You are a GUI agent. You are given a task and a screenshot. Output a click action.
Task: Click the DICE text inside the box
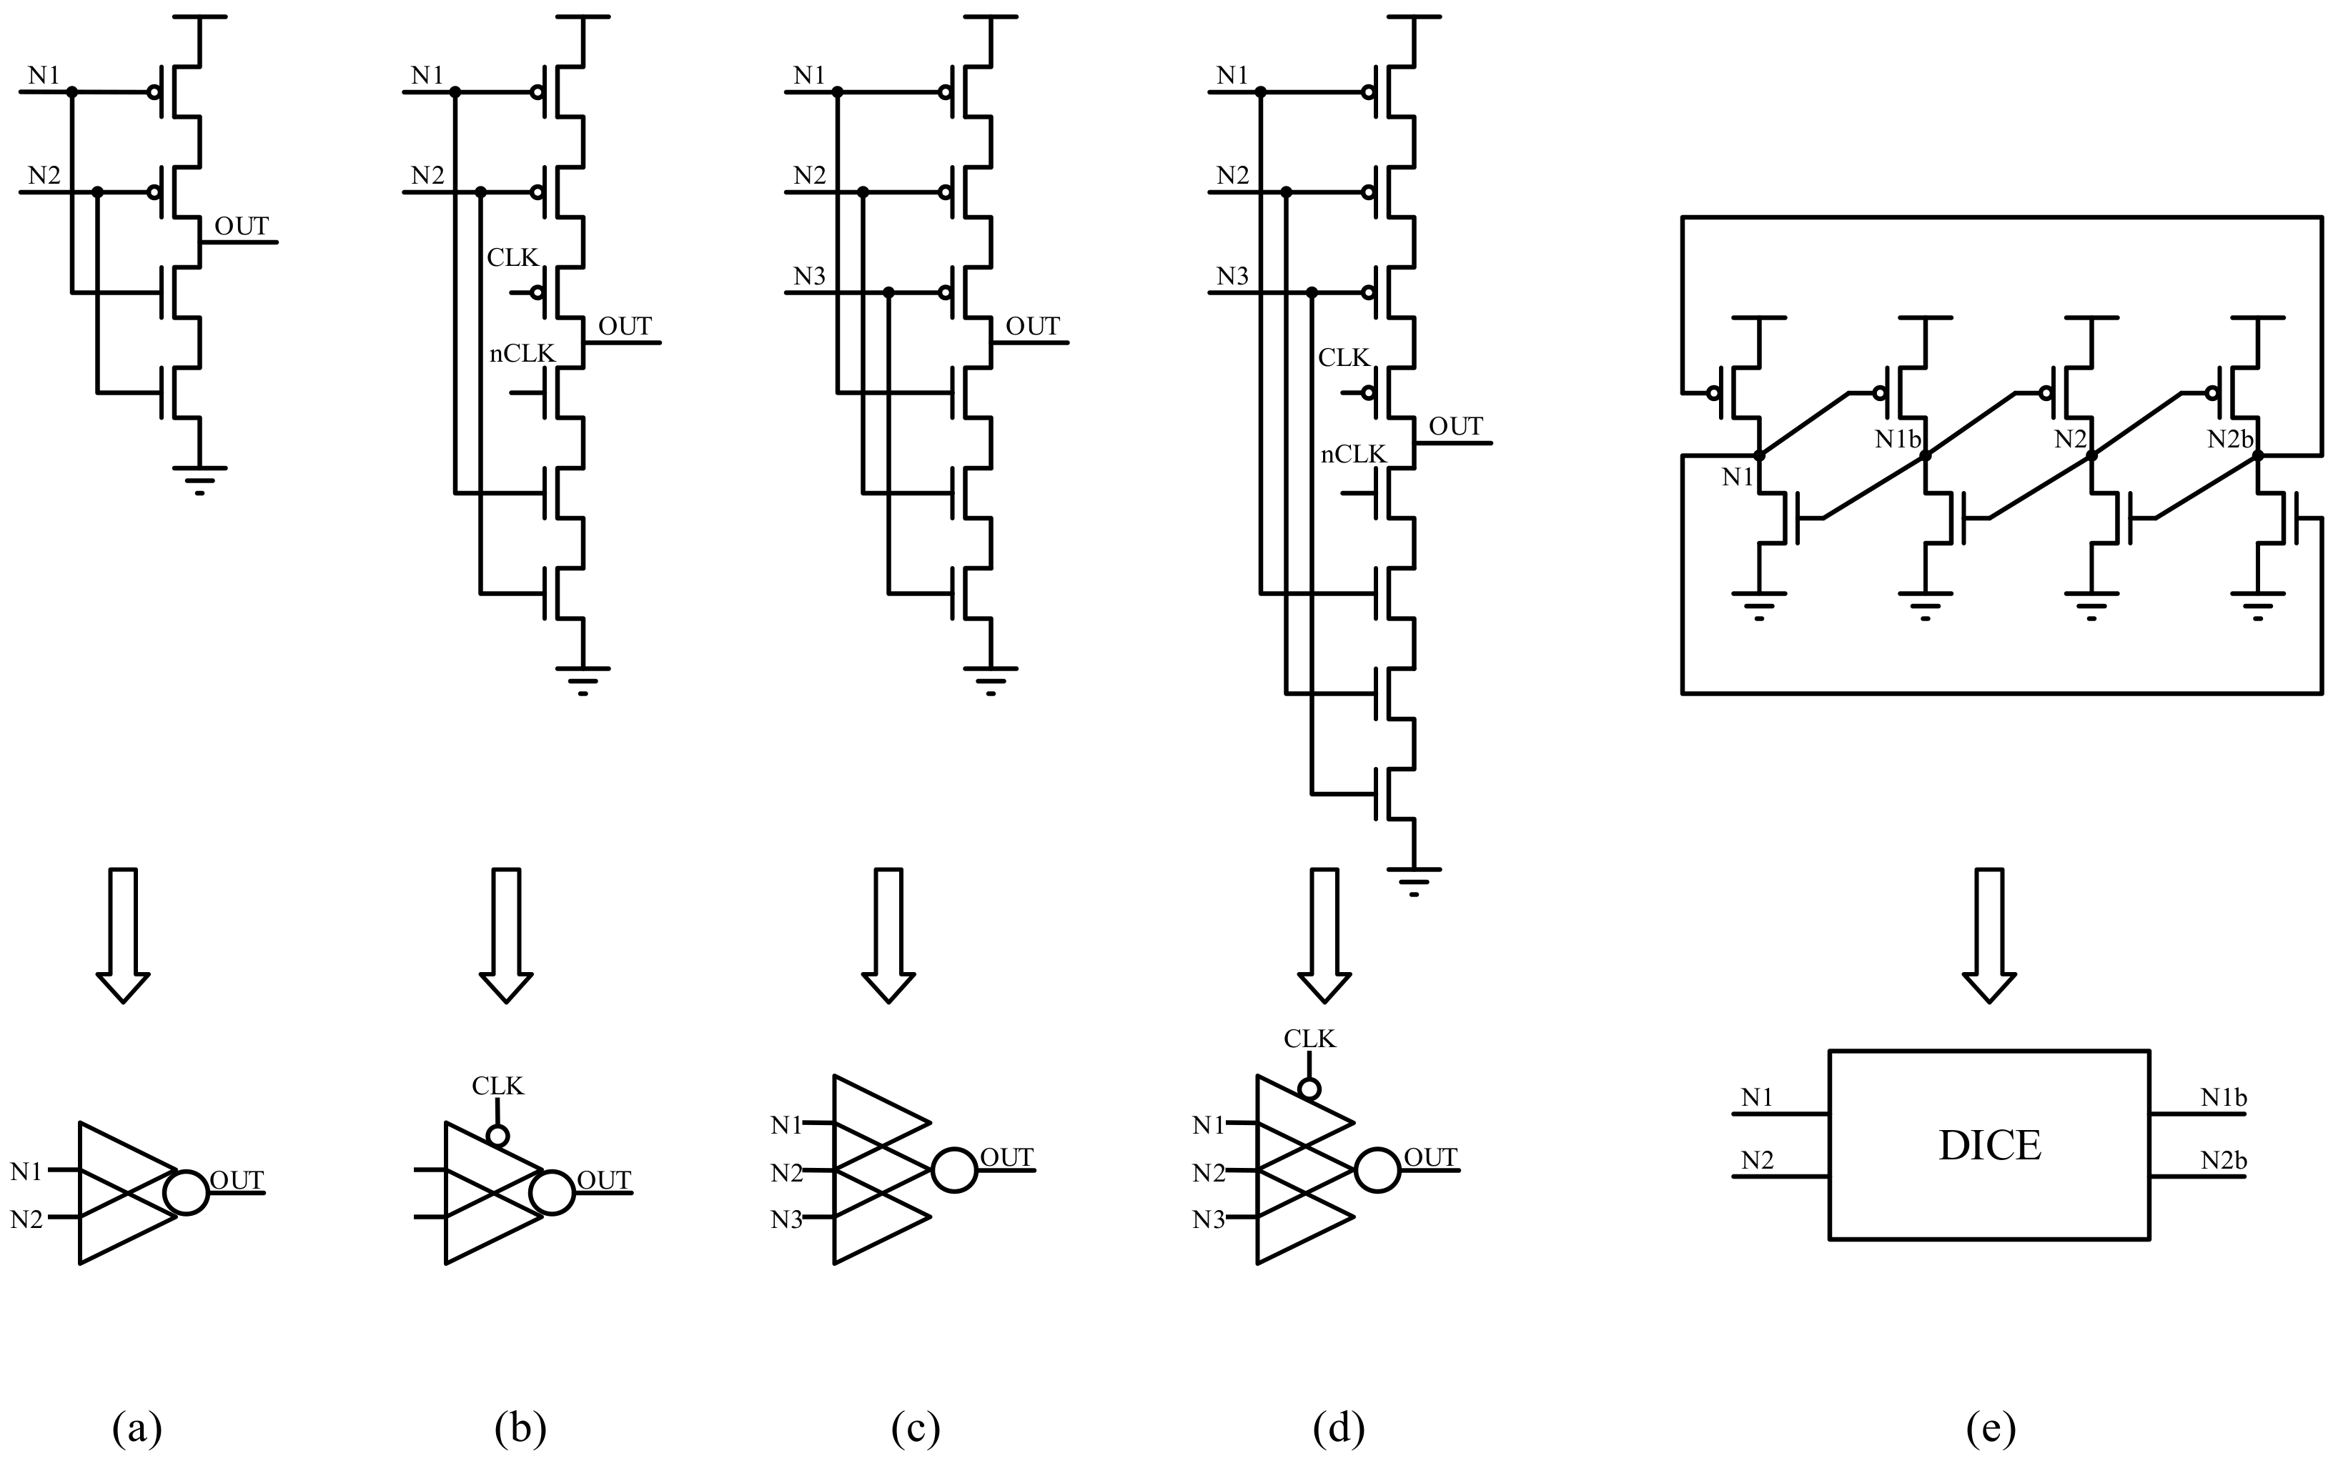[x=1989, y=1146]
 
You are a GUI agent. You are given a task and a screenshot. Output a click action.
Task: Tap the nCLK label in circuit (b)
[x=522, y=354]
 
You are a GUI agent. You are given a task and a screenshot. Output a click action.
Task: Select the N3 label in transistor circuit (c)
[x=810, y=277]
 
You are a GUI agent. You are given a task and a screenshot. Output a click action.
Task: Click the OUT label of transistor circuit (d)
[x=1455, y=426]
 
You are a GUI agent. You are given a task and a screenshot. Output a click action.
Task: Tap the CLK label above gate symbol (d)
[x=1309, y=1039]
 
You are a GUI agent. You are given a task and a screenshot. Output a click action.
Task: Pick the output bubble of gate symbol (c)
[x=953, y=1170]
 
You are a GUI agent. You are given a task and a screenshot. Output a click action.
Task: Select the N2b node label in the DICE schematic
[x=2229, y=440]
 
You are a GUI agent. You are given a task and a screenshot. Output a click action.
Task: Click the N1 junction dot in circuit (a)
[x=71, y=91]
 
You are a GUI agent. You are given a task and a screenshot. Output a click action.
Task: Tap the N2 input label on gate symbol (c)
[x=786, y=1173]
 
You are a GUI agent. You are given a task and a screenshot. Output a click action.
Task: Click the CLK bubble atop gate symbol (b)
[x=497, y=1135]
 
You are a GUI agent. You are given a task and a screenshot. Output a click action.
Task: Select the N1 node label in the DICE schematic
[x=1737, y=476]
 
